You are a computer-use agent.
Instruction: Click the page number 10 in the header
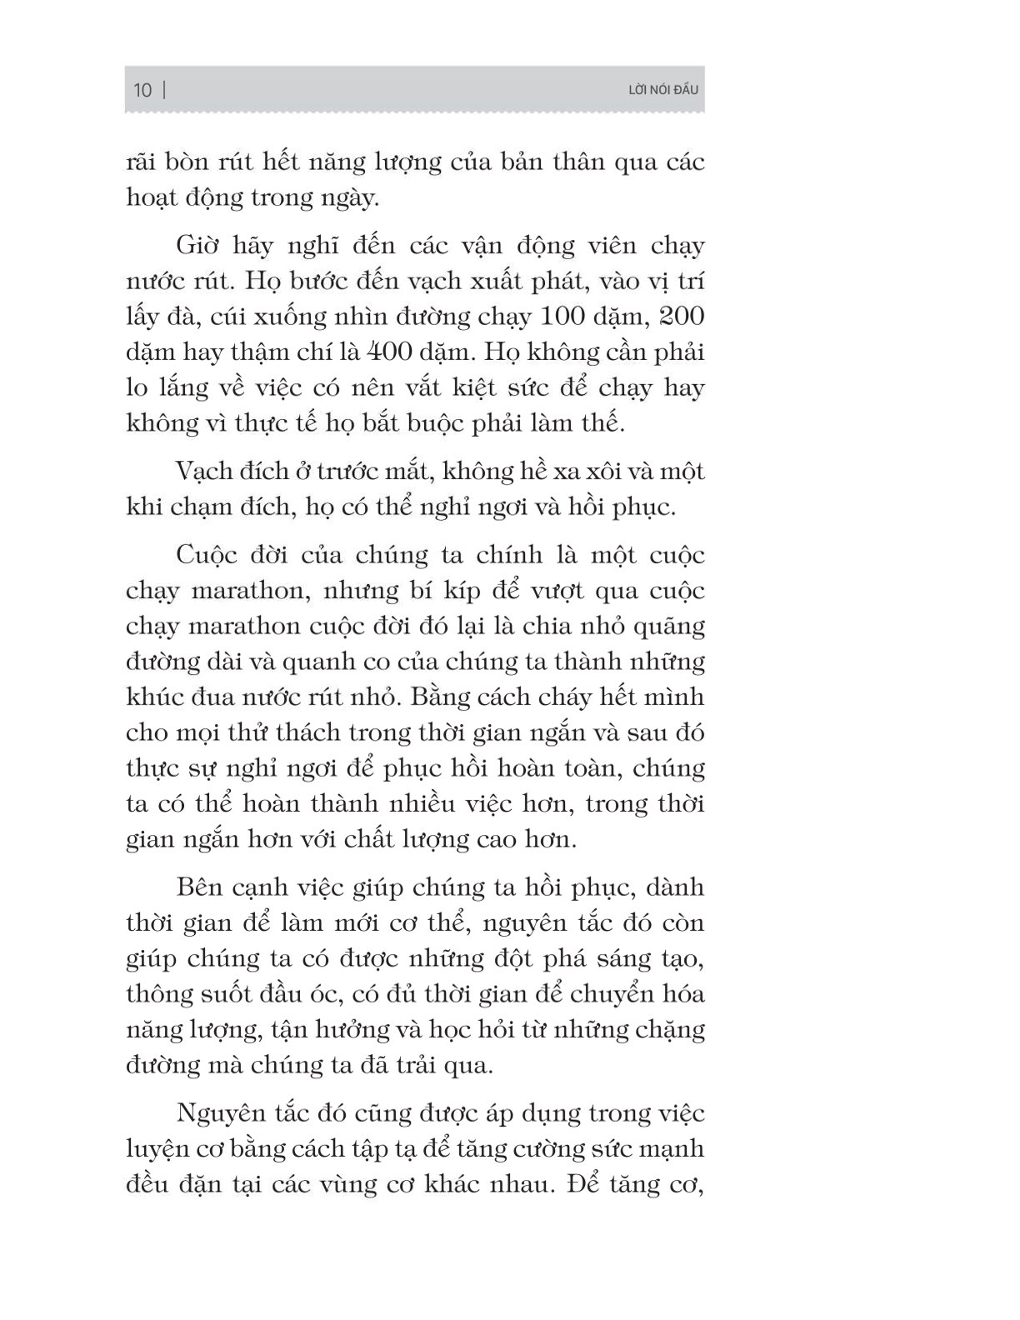click(142, 90)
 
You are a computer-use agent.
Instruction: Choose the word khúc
click(153, 697)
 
